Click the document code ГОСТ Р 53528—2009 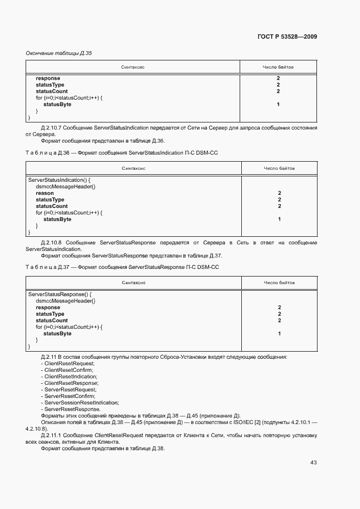coord(287,36)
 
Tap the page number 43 coord(313,462)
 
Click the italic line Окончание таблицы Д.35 coord(58,53)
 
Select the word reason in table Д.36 coord(45,193)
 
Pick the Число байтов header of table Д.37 coord(279,283)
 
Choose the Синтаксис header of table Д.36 coord(133,169)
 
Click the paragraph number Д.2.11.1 coord(52,436)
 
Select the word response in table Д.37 coord(48,308)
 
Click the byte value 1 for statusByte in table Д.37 coord(279,334)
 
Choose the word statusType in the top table coord(50,85)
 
